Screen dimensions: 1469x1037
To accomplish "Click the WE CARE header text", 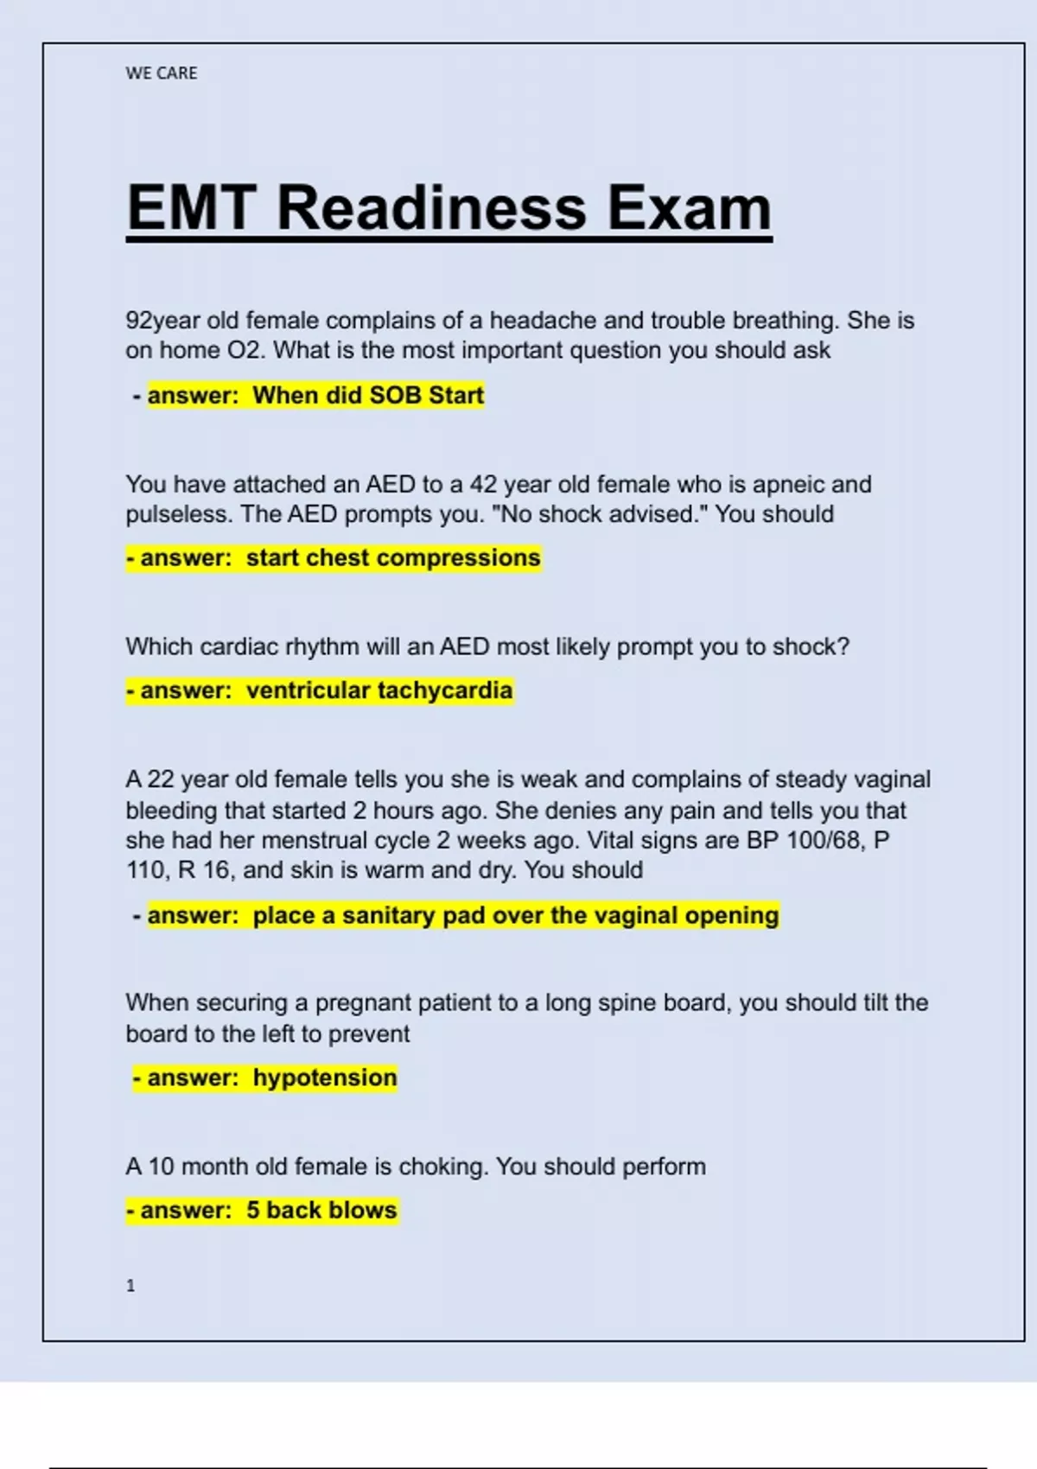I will (162, 73).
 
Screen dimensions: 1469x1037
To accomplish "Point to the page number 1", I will (130, 1286).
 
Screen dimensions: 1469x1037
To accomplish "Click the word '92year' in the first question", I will (162, 321).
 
